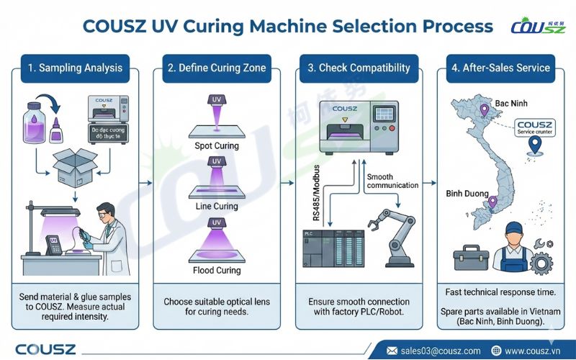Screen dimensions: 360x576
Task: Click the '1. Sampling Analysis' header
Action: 75,68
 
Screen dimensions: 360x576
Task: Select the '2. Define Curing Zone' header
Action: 217,68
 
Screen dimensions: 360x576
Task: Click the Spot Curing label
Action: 217,146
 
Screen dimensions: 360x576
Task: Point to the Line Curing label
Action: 217,207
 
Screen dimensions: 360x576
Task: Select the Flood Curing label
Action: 217,271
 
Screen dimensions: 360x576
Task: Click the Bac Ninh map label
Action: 511,104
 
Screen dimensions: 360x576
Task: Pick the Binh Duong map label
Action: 467,194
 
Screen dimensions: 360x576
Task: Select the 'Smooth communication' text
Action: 392,181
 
